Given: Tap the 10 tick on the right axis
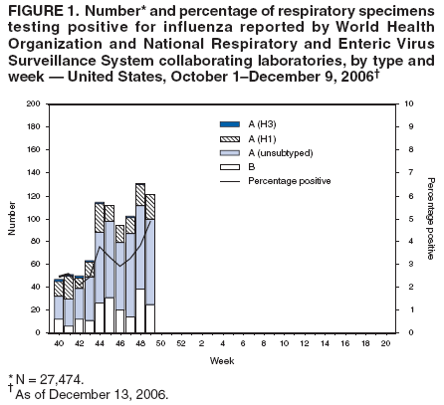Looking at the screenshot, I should click(400, 103).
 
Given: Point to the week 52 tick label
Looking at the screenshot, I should click(180, 342).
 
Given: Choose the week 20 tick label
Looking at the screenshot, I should click(385, 342).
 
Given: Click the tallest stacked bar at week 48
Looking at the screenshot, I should click(140, 258).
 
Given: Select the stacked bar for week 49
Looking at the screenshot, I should click(150, 263).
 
